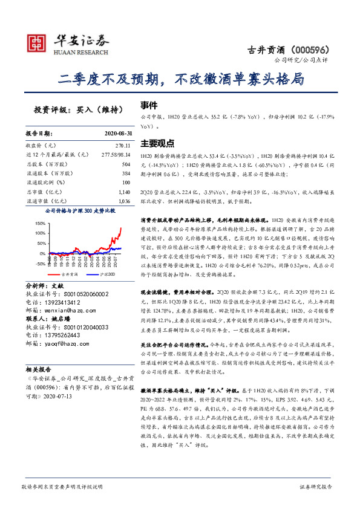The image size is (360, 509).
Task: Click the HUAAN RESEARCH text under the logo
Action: [x=82, y=51]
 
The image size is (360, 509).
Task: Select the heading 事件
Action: [x=149, y=104]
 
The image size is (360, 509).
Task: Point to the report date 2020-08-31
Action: [x=113, y=133]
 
